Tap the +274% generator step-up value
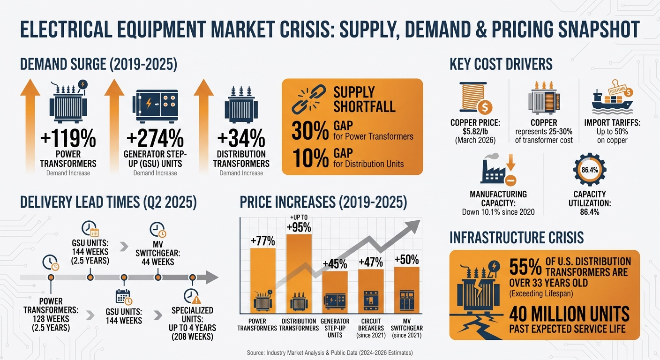[155, 139]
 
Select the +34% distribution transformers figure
[241, 139]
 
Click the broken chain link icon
[307, 99]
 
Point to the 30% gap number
[310, 131]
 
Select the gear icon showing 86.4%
[589, 171]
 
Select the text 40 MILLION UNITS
[569, 313]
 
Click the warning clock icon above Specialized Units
[192, 296]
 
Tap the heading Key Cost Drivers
[501, 64]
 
